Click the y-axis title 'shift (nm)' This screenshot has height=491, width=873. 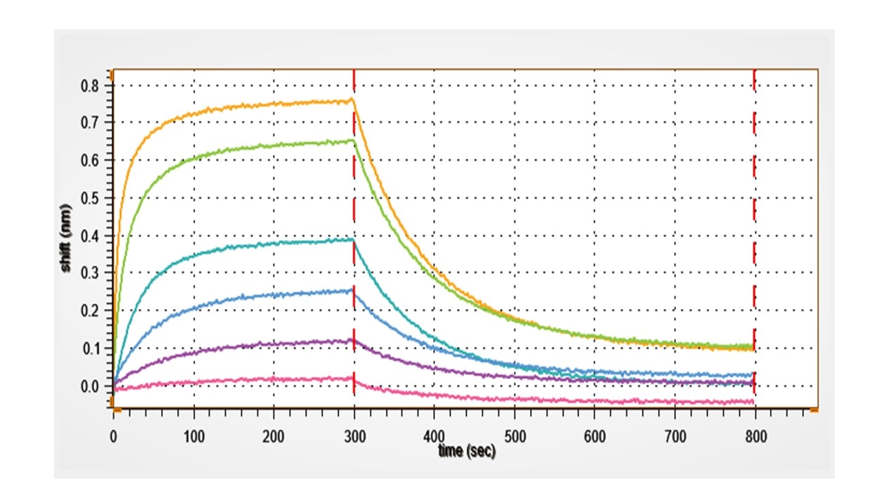(x=66, y=238)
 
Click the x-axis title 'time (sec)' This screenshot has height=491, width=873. (x=467, y=451)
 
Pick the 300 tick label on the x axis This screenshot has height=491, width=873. (x=353, y=436)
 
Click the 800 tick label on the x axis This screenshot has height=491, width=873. (x=754, y=436)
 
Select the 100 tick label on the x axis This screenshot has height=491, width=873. (x=194, y=436)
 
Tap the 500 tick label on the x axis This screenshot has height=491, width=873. (x=514, y=436)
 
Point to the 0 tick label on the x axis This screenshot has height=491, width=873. (x=113, y=436)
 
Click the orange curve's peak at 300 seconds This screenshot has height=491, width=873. (x=353, y=100)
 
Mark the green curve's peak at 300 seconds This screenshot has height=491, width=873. (x=353, y=140)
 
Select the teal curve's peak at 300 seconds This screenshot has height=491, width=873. (x=353, y=239)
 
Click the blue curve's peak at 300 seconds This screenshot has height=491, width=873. (x=353, y=290)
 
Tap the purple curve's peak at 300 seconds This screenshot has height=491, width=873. (x=353, y=340)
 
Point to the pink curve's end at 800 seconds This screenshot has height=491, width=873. (x=753, y=402)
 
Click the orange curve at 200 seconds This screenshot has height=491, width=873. (x=273, y=104)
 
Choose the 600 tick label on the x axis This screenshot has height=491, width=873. (x=594, y=436)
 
